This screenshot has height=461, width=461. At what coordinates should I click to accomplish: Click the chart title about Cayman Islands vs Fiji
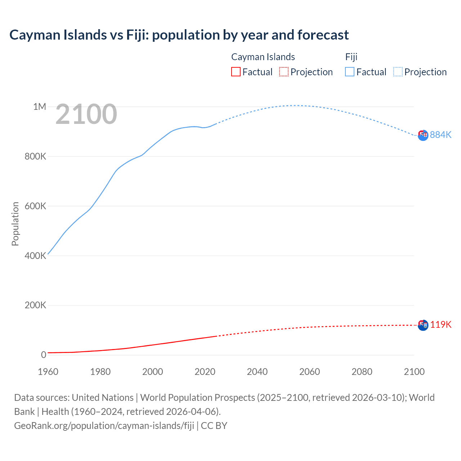(179, 35)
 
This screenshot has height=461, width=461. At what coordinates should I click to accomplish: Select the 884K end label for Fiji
(440, 135)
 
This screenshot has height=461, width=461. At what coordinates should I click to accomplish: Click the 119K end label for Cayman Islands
(440, 325)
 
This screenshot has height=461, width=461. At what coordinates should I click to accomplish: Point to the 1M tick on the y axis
(40, 107)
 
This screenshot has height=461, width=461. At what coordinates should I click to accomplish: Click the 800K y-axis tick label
(35, 156)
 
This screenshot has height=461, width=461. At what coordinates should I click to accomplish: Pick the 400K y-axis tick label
(35, 256)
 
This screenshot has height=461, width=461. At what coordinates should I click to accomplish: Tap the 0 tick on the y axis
(44, 355)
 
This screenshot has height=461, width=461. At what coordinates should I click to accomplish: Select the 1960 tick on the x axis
(48, 372)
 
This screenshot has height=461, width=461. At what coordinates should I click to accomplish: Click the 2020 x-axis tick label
(205, 372)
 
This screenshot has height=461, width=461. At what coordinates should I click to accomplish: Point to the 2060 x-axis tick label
(309, 372)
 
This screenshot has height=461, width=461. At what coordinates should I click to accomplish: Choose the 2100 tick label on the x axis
(414, 372)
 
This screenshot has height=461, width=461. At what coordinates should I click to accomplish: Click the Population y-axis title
(15, 224)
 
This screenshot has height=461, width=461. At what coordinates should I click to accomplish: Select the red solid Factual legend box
(236, 72)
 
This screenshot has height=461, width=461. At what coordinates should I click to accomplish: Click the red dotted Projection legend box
(284, 72)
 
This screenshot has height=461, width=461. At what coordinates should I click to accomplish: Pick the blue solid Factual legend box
(350, 72)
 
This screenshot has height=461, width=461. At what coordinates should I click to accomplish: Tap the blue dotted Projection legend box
(398, 72)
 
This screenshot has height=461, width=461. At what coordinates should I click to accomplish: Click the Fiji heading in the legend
(351, 57)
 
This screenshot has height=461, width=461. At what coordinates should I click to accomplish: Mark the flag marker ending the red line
(423, 325)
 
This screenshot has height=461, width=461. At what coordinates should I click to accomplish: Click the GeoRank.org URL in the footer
(104, 425)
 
